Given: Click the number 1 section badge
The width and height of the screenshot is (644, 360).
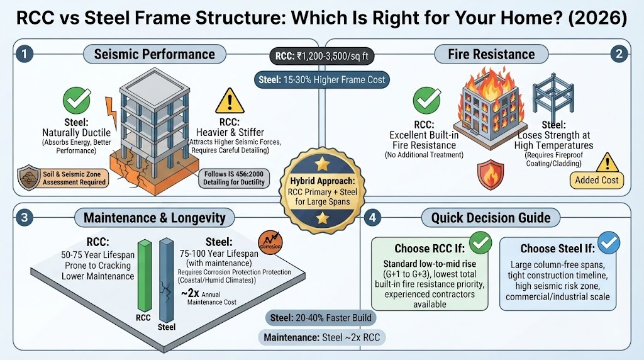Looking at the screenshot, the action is coord(25,54).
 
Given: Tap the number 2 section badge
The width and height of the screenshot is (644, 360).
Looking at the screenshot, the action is coord(619,54).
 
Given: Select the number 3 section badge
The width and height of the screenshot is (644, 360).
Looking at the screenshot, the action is coord(25,217).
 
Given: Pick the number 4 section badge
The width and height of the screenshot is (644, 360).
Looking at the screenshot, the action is coord(372,217).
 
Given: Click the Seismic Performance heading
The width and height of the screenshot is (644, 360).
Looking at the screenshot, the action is coord(155,54).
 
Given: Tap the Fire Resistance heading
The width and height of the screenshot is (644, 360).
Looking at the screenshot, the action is coord(491,54).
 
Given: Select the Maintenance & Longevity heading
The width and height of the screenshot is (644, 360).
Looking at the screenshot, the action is coord(155,218).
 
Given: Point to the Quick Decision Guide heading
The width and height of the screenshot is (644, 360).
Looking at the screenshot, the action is coord(491,218).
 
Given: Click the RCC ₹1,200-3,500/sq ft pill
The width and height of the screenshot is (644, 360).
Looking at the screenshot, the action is coord(321,56).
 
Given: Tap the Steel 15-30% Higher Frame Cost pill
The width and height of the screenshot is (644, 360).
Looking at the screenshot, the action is coord(321,80).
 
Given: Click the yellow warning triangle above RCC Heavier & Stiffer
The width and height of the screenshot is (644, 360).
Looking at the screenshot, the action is coord(230,101).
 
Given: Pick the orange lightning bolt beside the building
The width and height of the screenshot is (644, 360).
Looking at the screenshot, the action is coord(111,112).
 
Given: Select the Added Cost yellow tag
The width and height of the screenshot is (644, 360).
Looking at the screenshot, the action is coord(596,180).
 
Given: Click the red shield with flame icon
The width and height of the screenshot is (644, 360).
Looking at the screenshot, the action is coord(491,175).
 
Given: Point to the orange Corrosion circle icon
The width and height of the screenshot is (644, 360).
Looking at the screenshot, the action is coord(270,242).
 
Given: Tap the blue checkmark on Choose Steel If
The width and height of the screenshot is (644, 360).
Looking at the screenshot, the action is coord(609,242).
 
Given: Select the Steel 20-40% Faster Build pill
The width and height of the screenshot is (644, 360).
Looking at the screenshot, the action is coord(320,318).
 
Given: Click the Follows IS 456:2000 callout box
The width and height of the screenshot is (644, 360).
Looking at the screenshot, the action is coord(234,178).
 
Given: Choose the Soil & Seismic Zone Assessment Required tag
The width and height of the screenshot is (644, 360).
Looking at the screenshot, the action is coord(64,178).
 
